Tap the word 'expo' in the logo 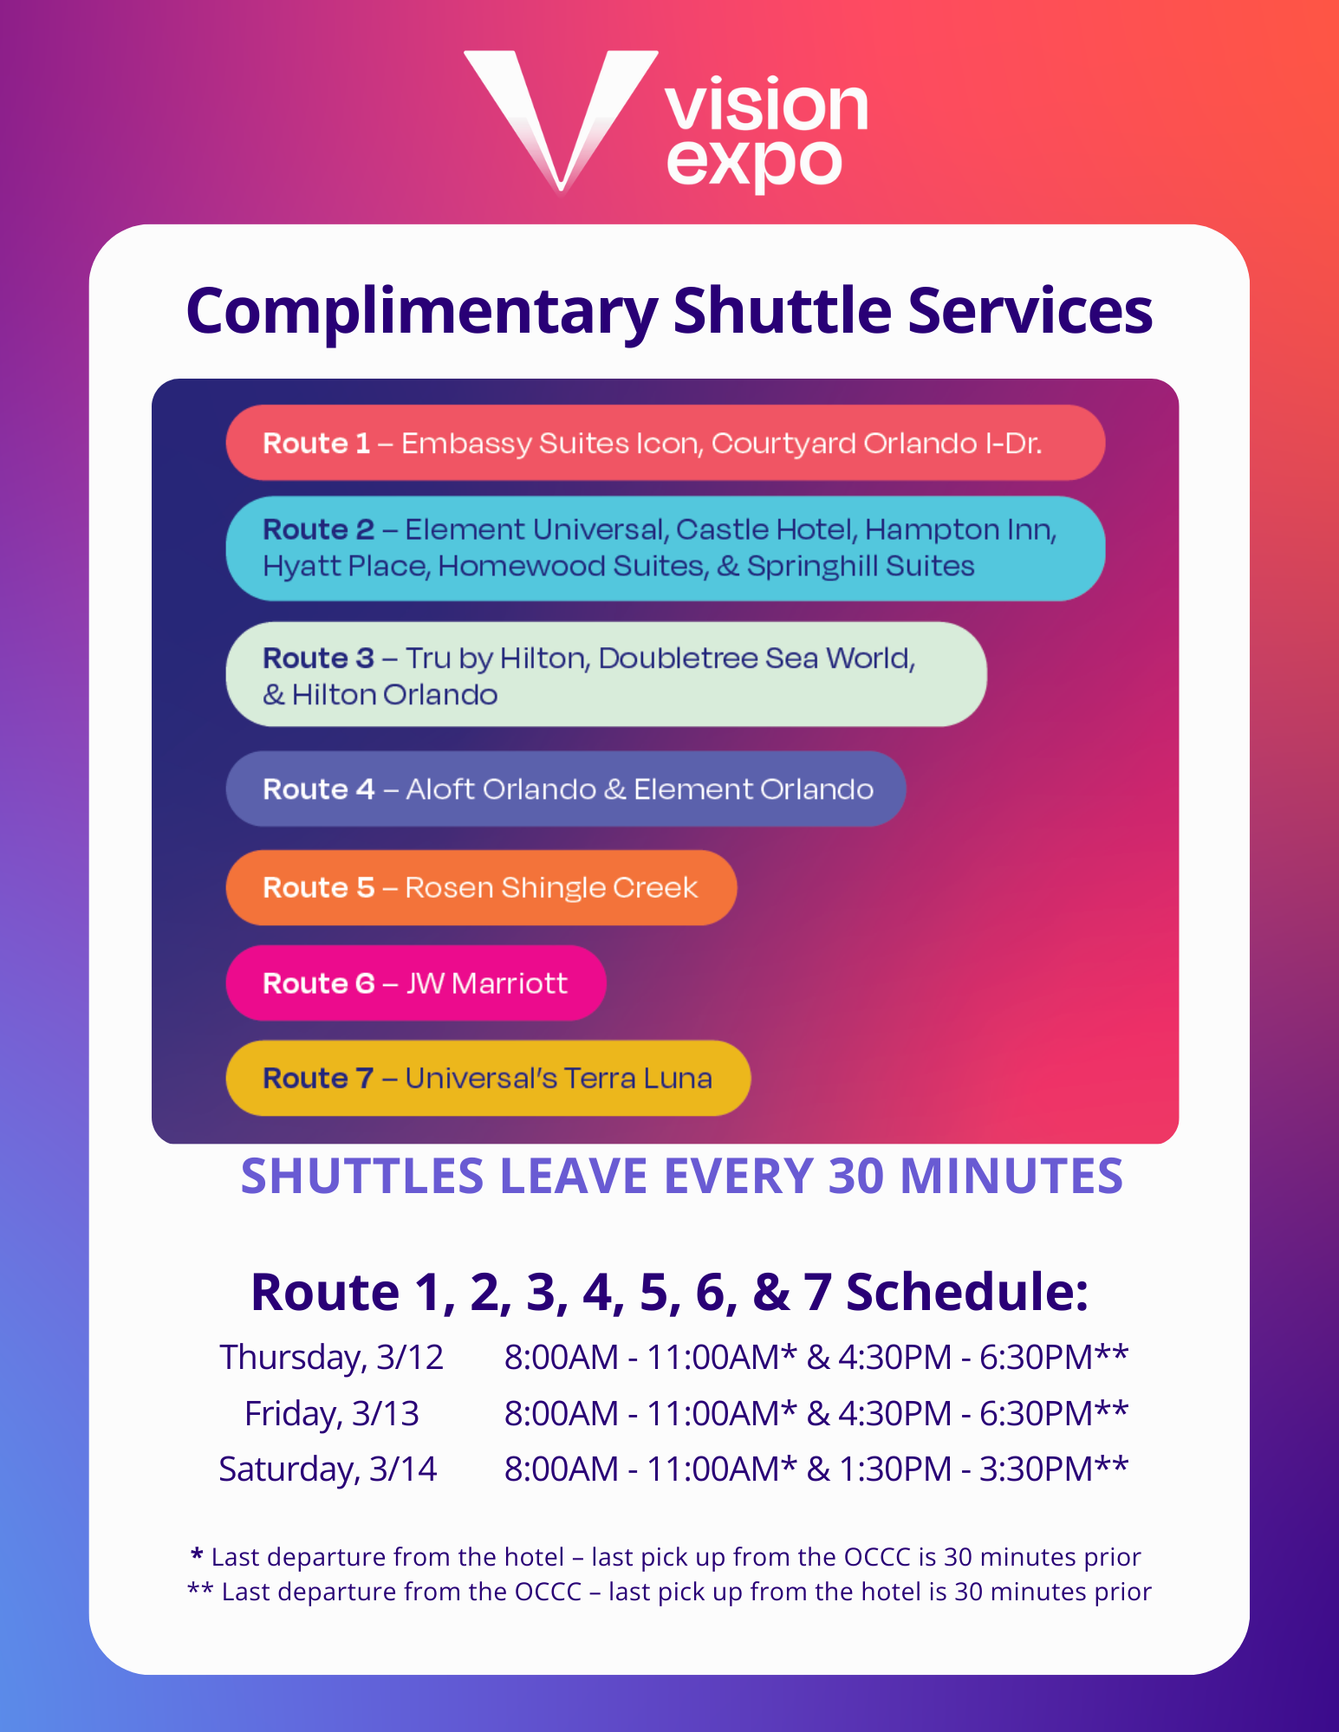(754, 163)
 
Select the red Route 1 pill (665, 443)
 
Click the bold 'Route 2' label (318, 529)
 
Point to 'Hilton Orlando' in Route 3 (394, 695)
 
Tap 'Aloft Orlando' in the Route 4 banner (501, 789)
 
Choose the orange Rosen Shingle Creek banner (481, 888)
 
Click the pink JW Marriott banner (416, 983)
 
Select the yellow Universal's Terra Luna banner (488, 1078)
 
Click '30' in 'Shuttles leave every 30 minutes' (857, 1177)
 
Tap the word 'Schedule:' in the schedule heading (966, 1293)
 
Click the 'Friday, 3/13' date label (331, 1414)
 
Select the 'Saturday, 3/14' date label (328, 1470)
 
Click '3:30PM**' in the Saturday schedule (1054, 1469)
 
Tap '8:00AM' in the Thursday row (562, 1358)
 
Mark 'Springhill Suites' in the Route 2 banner (861, 566)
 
